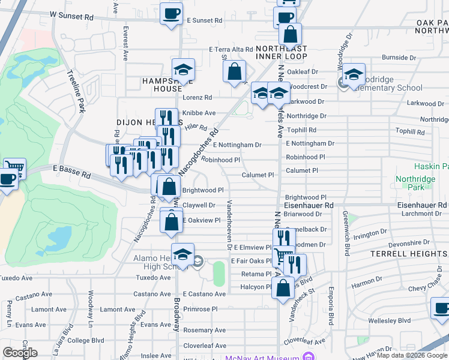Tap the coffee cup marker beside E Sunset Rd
pyautogui.click(x=171, y=13)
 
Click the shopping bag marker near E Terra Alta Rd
pyautogui.click(x=234, y=71)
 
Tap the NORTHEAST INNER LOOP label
pyautogui.click(x=281, y=52)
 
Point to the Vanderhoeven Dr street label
pyautogui.click(x=229, y=224)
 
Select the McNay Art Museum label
pyautogui.click(x=262, y=358)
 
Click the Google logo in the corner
pyautogui.click(x=20, y=352)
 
